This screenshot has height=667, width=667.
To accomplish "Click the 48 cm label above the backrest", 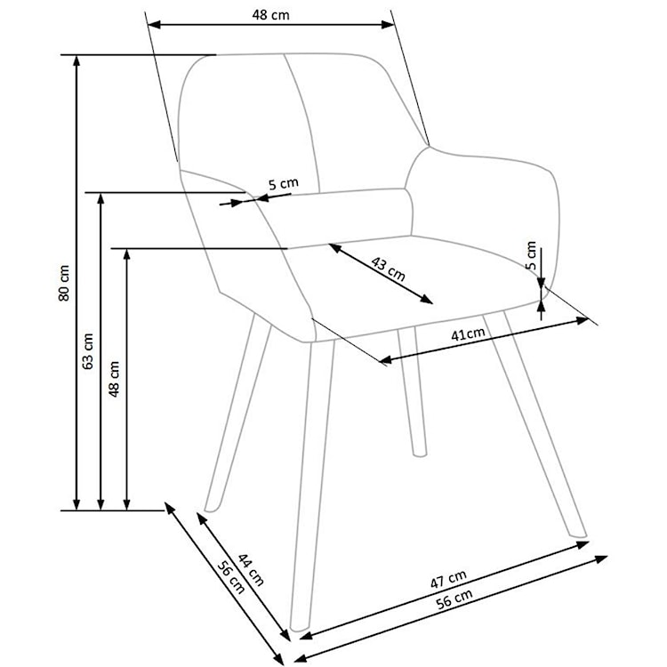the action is pyautogui.click(x=270, y=15).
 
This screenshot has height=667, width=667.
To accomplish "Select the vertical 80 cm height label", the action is pyautogui.click(x=64, y=283).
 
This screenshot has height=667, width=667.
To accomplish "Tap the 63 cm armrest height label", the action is pyautogui.click(x=88, y=351).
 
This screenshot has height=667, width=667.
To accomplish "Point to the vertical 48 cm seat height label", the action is pyautogui.click(x=114, y=379).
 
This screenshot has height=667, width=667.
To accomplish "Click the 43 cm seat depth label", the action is pyautogui.click(x=388, y=269).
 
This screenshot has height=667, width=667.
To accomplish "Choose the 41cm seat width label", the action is pyautogui.click(x=468, y=333).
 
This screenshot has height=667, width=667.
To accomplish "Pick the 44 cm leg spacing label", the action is pyautogui.click(x=251, y=569).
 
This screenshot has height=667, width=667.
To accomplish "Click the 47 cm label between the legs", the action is pyautogui.click(x=448, y=579).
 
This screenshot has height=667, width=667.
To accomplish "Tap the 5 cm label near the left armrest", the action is pyautogui.click(x=284, y=184).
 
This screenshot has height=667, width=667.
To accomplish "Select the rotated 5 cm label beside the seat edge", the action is pyautogui.click(x=531, y=255).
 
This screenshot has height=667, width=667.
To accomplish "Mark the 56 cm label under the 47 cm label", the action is pyautogui.click(x=454, y=599).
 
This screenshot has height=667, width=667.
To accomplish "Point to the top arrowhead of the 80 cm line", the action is pyautogui.click(x=76, y=60).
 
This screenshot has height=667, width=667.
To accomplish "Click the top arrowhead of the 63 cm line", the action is pyautogui.click(x=100, y=197).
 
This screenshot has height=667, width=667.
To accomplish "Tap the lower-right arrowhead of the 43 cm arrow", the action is pyautogui.click(x=427, y=300).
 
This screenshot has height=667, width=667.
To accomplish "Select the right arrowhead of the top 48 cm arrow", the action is pyautogui.click(x=388, y=25).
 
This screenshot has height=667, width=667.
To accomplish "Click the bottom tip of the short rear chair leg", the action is pyautogui.click(x=420, y=455).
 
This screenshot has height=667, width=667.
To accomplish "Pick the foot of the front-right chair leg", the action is pyautogui.click(x=579, y=534).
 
